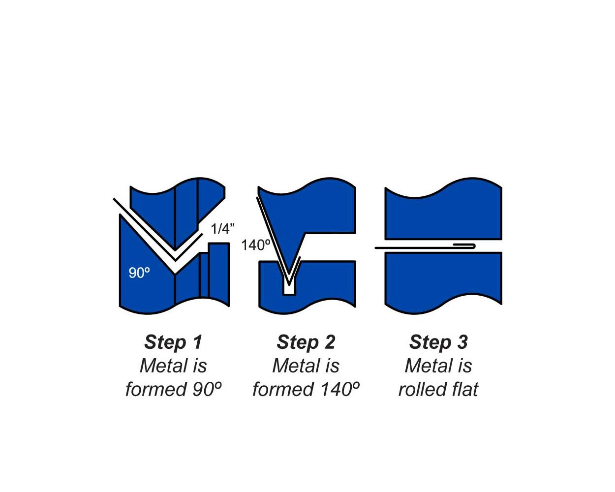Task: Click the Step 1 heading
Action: coord(173,342)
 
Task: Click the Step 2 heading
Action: coord(306,342)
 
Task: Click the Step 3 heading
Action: coord(438,342)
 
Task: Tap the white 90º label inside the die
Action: coord(139,273)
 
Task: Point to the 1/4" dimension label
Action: coord(222,229)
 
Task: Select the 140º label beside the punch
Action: coord(256,245)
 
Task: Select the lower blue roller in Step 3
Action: coord(443,283)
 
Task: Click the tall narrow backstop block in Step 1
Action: coord(219,275)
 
